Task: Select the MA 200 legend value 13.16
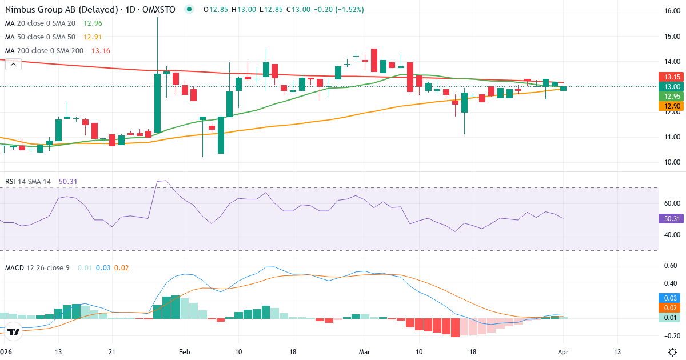click(x=101, y=51)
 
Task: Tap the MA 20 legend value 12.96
click(x=93, y=23)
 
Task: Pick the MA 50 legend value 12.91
click(x=93, y=37)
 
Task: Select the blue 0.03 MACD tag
click(x=671, y=298)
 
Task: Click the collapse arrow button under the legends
click(x=13, y=65)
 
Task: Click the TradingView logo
click(x=14, y=331)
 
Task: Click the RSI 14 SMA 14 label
click(x=27, y=181)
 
